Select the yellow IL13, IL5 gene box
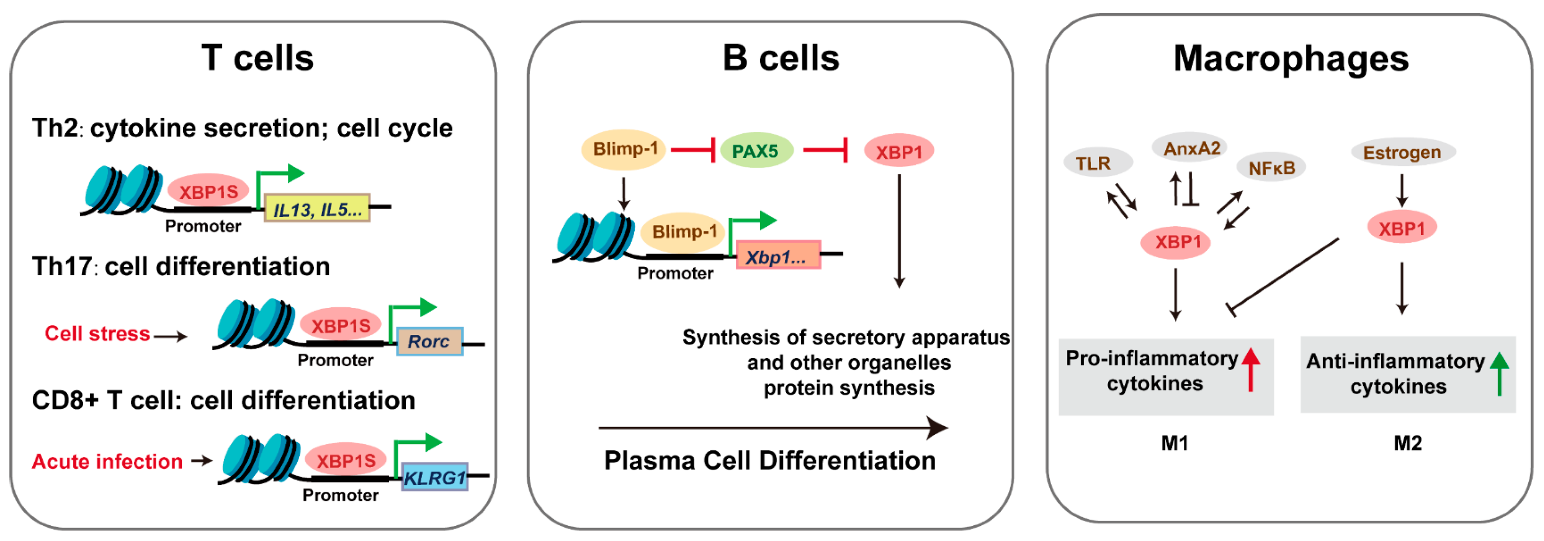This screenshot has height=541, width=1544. tap(317, 209)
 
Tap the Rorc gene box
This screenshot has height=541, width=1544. tap(429, 341)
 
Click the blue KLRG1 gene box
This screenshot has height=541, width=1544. tap(435, 478)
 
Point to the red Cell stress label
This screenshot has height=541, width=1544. tap(97, 334)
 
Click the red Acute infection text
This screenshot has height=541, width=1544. tap(108, 462)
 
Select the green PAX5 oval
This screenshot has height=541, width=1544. tap(755, 151)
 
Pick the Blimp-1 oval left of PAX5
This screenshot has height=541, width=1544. tap(624, 149)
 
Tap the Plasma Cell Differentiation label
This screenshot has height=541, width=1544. tap(770, 461)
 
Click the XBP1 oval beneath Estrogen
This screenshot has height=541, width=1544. tap(1401, 228)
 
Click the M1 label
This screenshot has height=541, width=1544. tap(1174, 443)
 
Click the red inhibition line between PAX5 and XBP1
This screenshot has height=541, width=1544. tap(826, 150)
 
